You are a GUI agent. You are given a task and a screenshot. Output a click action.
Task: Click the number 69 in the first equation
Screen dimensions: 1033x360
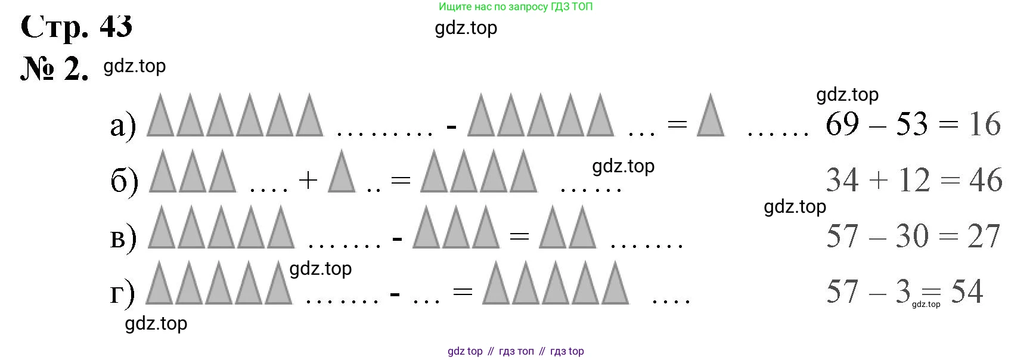tap(842, 124)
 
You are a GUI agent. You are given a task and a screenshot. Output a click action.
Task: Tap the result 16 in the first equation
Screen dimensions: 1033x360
tap(985, 124)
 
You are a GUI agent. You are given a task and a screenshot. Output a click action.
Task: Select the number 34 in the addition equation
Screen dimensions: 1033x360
tap(842, 180)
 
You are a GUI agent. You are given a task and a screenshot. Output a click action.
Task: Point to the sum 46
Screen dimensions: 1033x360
tap(986, 180)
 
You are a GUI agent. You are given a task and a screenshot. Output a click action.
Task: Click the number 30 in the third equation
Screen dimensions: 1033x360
tap(912, 236)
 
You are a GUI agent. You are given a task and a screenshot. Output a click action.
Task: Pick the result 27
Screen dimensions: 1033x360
tap(984, 236)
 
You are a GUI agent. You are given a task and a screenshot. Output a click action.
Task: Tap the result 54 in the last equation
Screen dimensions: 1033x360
tap(967, 291)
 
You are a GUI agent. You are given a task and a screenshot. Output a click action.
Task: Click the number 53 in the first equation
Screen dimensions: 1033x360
tap(912, 124)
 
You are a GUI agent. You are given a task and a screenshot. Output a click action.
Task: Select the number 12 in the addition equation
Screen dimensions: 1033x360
tap(914, 180)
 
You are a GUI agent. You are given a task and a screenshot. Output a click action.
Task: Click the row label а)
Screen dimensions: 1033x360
tap(123, 126)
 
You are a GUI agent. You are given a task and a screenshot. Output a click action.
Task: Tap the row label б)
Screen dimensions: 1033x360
tap(125, 181)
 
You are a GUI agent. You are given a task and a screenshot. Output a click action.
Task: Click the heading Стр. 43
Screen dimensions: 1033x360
tap(76, 26)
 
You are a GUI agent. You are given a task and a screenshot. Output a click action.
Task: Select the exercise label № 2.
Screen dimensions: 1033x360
tap(55, 70)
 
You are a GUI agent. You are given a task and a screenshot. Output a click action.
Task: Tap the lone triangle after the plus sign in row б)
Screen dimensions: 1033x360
tap(342, 170)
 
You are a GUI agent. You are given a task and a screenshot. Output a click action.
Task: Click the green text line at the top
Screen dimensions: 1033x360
tap(516, 7)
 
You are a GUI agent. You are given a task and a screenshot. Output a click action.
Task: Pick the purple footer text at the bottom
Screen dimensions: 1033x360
tap(516, 351)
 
